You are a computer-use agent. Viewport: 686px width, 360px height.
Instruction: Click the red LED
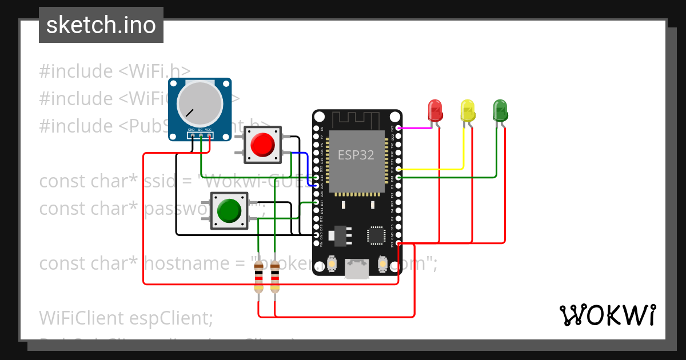coord(435,110)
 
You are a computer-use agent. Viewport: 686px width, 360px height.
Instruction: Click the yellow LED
coord(468,110)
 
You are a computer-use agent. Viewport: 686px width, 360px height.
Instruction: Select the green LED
coord(500,110)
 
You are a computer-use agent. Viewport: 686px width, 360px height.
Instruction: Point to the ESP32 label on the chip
coord(356,155)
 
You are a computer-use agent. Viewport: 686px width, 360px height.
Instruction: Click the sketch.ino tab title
coord(101,25)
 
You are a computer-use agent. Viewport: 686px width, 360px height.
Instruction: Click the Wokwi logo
coord(607,315)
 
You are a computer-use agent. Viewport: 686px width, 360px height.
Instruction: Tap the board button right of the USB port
coord(382,264)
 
